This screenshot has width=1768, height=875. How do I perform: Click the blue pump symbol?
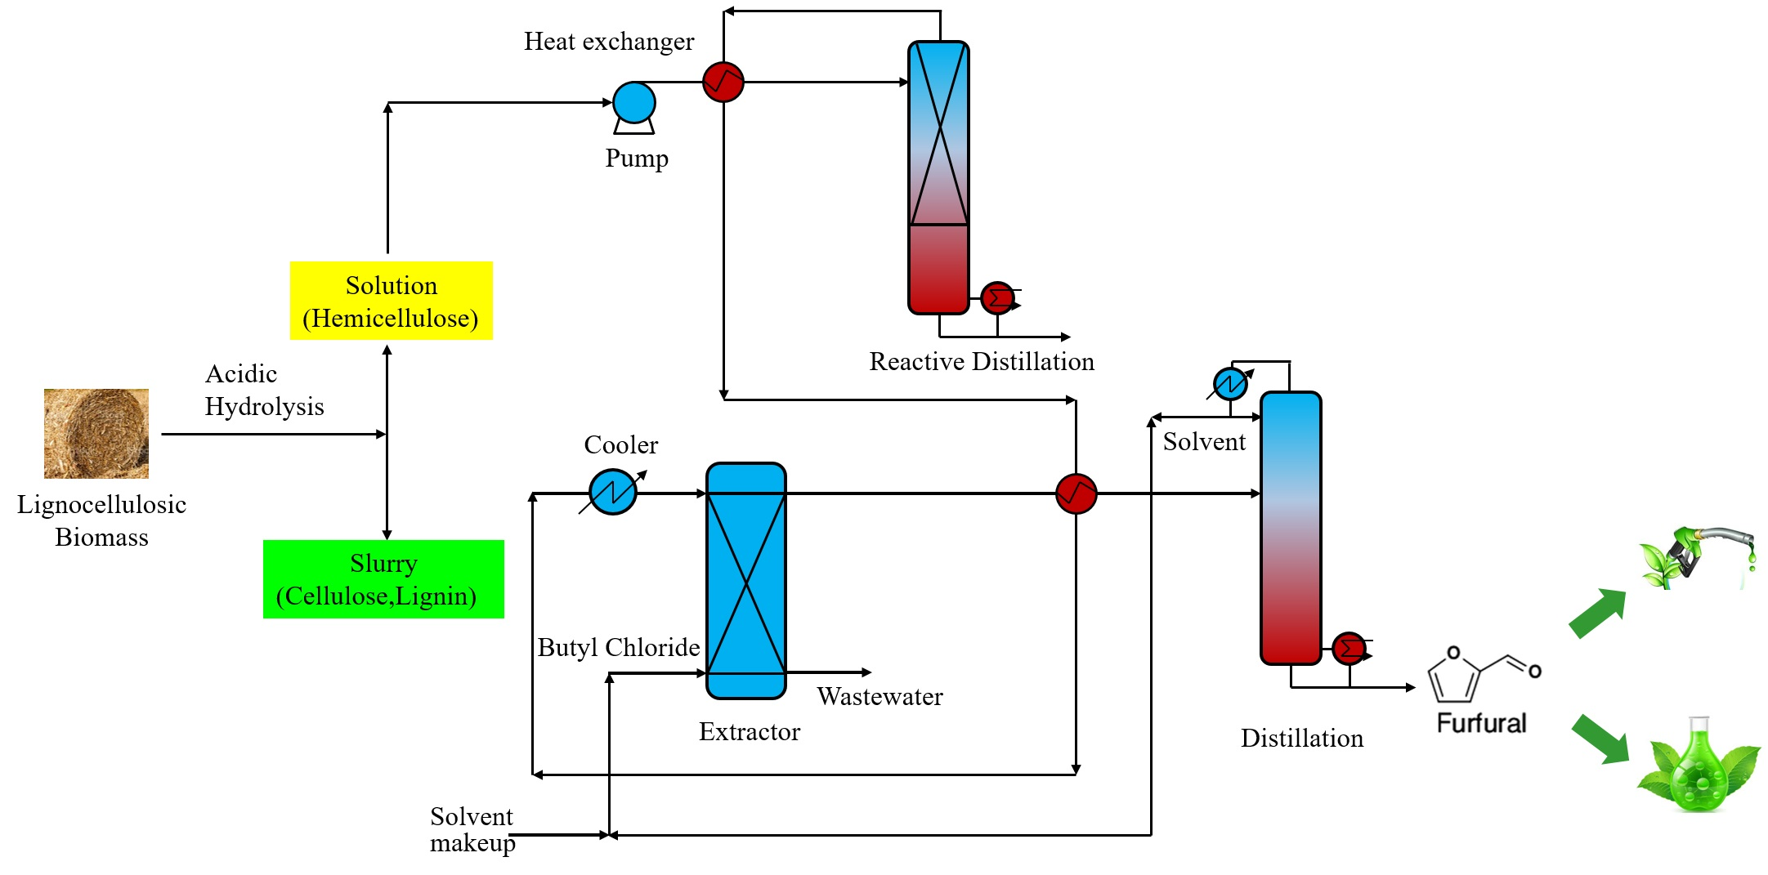pyautogui.click(x=633, y=104)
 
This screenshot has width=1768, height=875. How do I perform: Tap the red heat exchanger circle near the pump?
pyautogui.click(x=723, y=82)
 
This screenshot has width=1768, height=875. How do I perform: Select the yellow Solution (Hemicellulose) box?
pyautogui.click(x=391, y=301)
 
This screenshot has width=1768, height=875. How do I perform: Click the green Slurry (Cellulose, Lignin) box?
pyautogui.click(x=383, y=579)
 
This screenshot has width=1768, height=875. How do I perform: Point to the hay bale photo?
pyautogui.click(x=96, y=434)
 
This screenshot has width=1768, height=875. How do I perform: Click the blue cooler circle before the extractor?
pyautogui.click(x=612, y=492)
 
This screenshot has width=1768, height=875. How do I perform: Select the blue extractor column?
pyautogui.click(x=745, y=581)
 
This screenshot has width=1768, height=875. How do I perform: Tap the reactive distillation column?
pyautogui.click(x=938, y=177)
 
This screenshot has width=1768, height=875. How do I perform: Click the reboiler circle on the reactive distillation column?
pyautogui.click(x=997, y=298)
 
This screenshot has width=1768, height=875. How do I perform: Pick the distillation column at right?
pyautogui.click(x=1291, y=528)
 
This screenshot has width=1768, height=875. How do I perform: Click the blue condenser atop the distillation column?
pyautogui.click(x=1230, y=384)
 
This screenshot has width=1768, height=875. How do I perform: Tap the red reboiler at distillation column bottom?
pyautogui.click(x=1349, y=649)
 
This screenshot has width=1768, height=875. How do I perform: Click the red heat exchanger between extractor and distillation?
pyautogui.click(x=1076, y=493)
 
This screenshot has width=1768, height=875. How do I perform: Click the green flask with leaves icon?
pyautogui.click(x=1698, y=766)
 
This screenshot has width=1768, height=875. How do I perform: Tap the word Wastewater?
pyautogui.click(x=880, y=697)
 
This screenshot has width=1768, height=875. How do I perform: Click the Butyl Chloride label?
pyautogui.click(x=618, y=648)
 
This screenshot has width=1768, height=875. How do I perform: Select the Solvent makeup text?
pyautogui.click(x=472, y=829)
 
